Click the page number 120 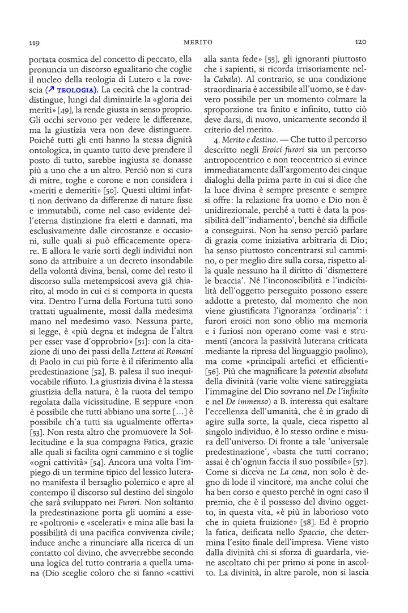point(362,41)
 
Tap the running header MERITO point(198,42)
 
